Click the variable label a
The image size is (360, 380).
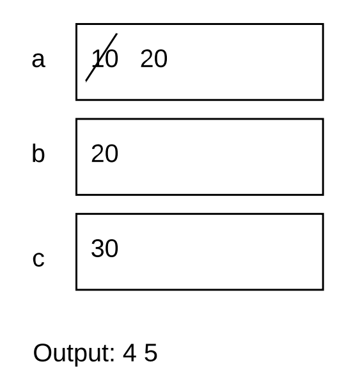[x=38, y=60]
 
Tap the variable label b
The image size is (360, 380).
[x=38, y=153]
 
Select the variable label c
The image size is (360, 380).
[x=38, y=259]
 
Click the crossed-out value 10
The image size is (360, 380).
[x=105, y=58]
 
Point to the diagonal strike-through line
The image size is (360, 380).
[x=102, y=58]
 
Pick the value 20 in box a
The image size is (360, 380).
[x=154, y=58]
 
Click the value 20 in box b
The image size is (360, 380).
[x=105, y=154]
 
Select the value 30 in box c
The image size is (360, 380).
[x=105, y=248]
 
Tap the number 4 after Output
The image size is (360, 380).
[x=129, y=353]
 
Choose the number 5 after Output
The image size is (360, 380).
[x=151, y=353]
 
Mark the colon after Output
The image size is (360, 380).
[x=112, y=355]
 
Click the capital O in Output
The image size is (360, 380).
[x=42, y=353]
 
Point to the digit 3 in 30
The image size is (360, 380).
[x=97, y=248]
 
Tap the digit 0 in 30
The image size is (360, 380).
[x=112, y=248]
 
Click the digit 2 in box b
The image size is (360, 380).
[x=97, y=154]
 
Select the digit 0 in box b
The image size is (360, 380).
[x=112, y=154]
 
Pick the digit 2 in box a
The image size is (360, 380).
[x=146, y=58]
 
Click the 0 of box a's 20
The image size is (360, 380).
[x=161, y=58]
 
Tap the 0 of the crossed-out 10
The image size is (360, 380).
[x=112, y=58]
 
